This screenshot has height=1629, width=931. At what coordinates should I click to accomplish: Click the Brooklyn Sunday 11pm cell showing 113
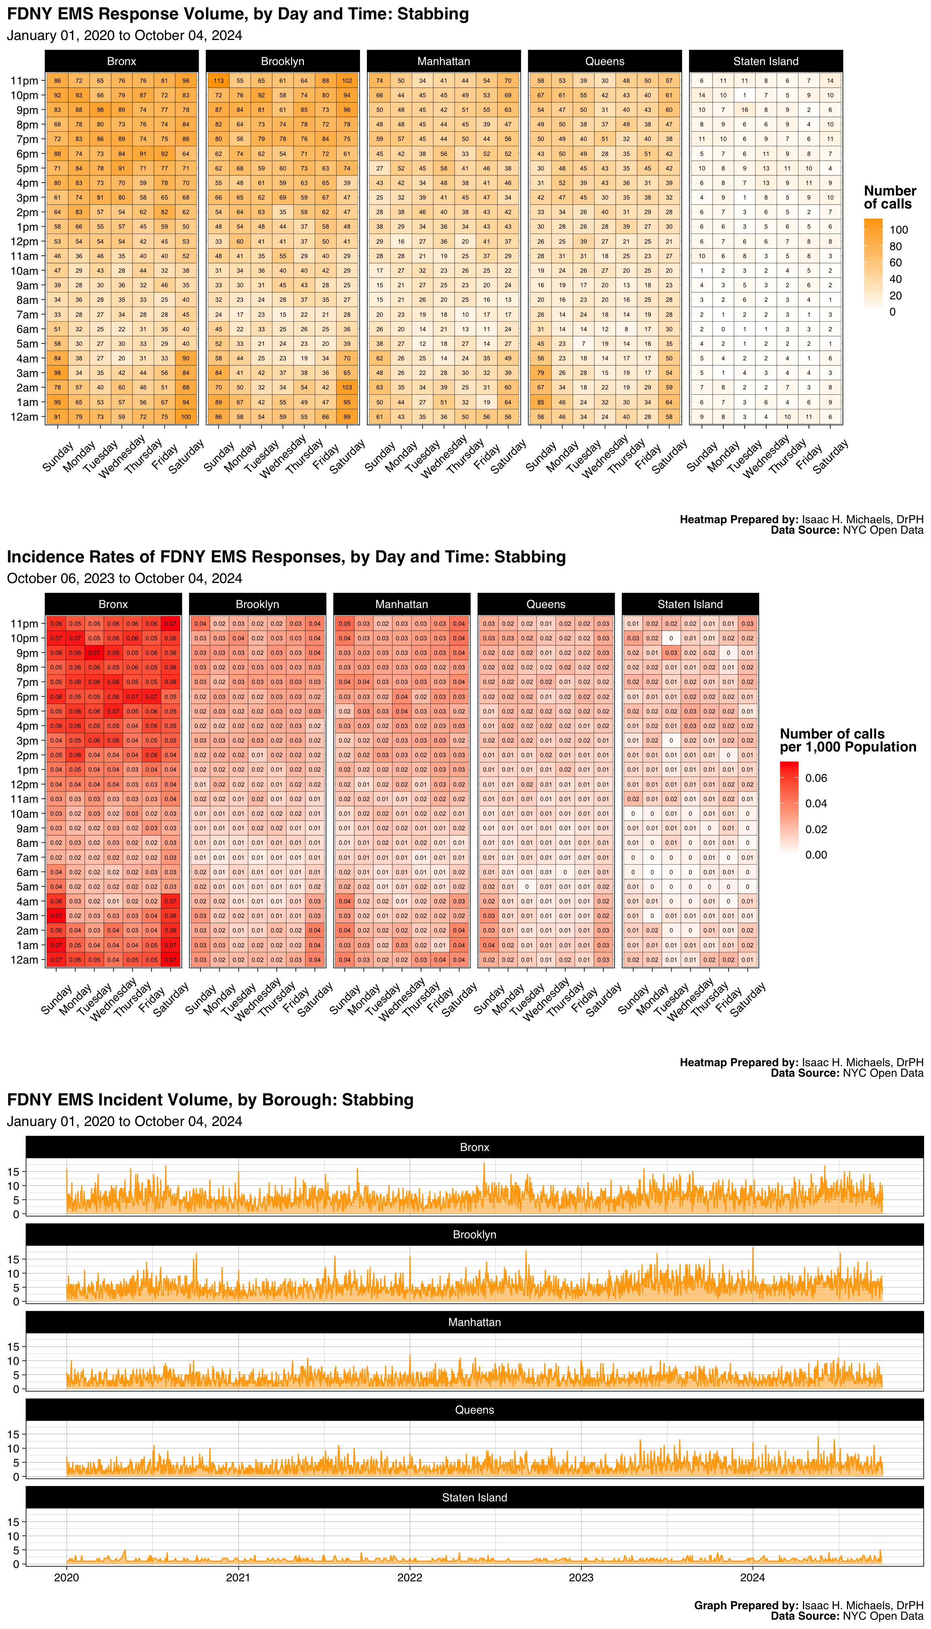click(219, 80)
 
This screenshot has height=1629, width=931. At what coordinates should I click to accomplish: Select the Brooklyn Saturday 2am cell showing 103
click(347, 387)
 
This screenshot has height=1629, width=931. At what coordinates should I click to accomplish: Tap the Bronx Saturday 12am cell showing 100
click(186, 417)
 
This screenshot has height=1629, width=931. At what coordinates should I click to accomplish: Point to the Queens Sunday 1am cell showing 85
click(541, 402)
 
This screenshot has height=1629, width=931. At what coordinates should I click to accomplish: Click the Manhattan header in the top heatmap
click(443, 61)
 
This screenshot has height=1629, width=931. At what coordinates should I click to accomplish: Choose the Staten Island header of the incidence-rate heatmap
click(690, 604)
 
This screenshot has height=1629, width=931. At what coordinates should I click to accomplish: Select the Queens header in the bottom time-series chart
click(474, 1410)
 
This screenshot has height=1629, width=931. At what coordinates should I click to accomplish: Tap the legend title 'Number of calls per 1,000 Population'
click(848, 740)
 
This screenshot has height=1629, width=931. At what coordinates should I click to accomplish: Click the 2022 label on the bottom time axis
click(410, 1577)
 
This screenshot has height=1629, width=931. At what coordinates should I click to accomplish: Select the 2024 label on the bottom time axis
click(753, 1577)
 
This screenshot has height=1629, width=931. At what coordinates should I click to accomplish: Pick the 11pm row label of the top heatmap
click(24, 80)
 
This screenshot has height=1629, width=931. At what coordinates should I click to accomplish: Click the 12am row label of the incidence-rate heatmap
click(24, 960)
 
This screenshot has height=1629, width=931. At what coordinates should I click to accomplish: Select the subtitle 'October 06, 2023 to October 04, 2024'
click(125, 578)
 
